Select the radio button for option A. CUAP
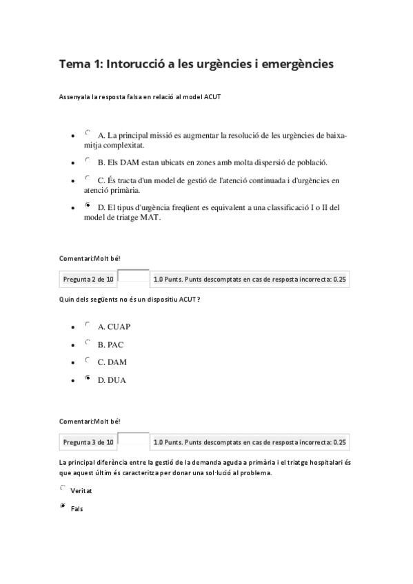pyautogui.click(x=88, y=324)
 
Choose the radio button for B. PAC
pyautogui.click(x=88, y=342)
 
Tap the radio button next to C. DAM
pyautogui.click(x=88, y=359)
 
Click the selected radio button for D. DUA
pyautogui.click(x=88, y=377)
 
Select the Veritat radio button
pyautogui.click(x=63, y=488)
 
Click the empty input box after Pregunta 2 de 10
pyautogui.click(x=133, y=278)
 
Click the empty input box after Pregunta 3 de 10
pyautogui.click(x=133, y=441)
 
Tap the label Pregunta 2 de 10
pyautogui.click(x=88, y=280)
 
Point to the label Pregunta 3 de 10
pyautogui.click(x=88, y=442)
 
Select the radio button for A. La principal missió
pyautogui.click(x=88, y=133)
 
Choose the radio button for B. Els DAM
pyautogui.click(x=88, y=160)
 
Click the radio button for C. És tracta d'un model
pyautogui.click(x=88, y=178)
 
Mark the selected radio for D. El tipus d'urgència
pyautogui.click(x=88, y=205)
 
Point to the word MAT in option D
pyautogui.click(x=149, y=218)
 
